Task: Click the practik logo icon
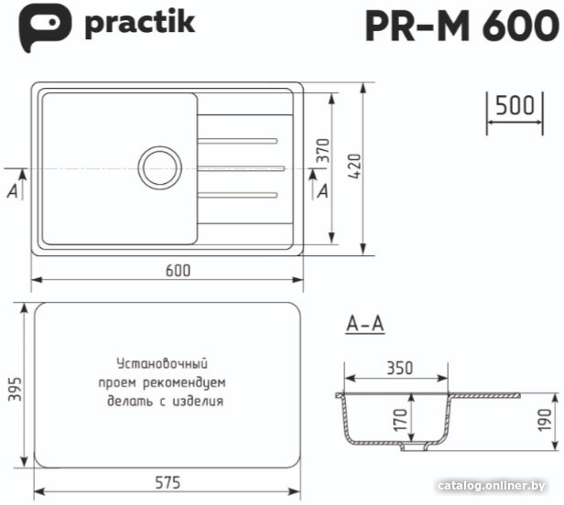click(44, 26)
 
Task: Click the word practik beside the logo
click(140, 25)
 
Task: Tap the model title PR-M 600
click(461, 26)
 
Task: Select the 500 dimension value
click(515, 105)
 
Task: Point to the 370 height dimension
click(323, 150)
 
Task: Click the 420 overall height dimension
click(354, 167)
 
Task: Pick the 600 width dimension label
click(178, 270)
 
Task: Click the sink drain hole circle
click(159, 167)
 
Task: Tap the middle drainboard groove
click(241, 168)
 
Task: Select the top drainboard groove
click(237, 141)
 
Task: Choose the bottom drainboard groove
click(237, 195)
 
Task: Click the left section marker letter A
click(13, 191)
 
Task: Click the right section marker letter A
click(322, 191)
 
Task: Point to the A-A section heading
click(365, 324)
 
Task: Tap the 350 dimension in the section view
click(399, 368)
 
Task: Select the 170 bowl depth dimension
click(400, 419)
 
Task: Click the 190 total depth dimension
click(545, 419)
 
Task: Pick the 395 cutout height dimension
click(15, 389)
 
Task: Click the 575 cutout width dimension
click(168, 483)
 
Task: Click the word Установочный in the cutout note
click(162, 363)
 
